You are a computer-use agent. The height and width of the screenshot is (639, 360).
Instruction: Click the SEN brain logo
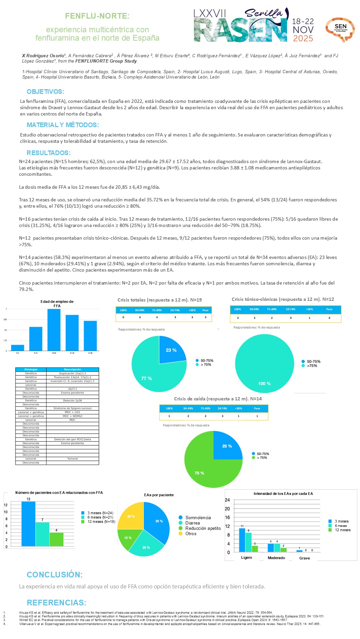[x=340, y=29]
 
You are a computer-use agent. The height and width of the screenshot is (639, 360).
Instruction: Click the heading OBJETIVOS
[x=45, y=92]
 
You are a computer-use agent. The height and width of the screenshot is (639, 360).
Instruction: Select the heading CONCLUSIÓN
[x=55, y=574]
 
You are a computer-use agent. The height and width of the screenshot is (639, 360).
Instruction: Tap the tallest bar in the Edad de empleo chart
[x=54, y=329]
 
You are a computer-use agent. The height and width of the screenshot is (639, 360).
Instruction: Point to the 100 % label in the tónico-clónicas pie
[x=264, y=383]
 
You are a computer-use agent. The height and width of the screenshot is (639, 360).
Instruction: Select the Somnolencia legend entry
[x=198, y=518]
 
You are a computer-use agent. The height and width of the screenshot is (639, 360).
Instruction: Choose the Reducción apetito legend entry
[x=203, y=528]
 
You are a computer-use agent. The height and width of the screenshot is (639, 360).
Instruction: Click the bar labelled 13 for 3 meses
[x=28, y=524]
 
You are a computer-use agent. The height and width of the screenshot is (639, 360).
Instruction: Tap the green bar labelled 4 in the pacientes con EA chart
[x=56, y=539]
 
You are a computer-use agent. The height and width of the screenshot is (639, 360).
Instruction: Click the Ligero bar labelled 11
[x=242, y=540]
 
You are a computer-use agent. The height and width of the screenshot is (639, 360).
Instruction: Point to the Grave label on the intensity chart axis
[x=304, y=558]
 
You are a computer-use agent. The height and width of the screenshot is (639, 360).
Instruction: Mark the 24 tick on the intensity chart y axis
[x=227, y=500]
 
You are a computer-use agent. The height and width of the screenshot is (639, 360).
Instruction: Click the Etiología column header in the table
[x=31, y=369]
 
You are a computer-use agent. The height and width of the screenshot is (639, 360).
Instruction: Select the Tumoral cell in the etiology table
[x=72, y=459]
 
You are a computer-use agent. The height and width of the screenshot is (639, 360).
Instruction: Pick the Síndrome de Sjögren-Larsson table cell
[x=72, y=408]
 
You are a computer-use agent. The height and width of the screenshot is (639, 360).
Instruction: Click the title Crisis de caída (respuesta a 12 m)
[x=218, y=399]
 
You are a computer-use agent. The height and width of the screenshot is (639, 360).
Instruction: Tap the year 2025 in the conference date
[x=303, y=38]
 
